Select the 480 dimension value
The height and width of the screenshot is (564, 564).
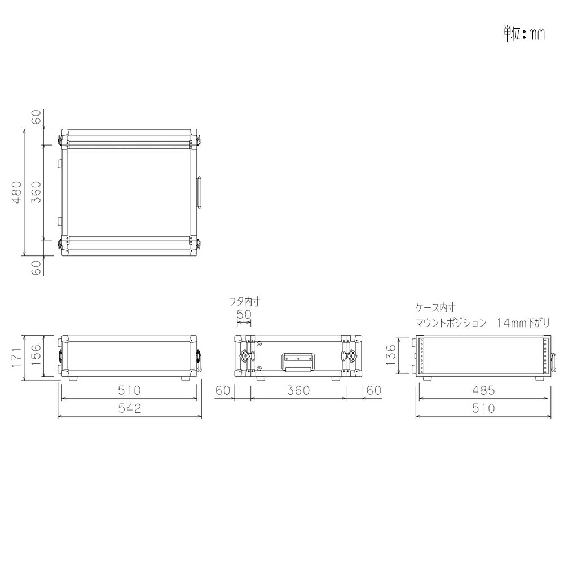pyautogui.click(x=17, y=192)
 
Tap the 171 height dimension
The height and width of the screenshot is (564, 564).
pyautogui.click(x=16, y=357)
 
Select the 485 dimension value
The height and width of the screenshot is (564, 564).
pyautogui.click(x=483, y=390)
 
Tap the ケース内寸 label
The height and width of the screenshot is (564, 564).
pyautogui.click(x=434, y=309)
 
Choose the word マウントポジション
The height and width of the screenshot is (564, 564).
pyautogui.click(x=451, y=323)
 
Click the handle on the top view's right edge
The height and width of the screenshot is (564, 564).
pyautogui.click(x=199, y=192)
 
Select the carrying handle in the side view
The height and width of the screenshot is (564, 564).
pyautogui.click(x=297, y=362)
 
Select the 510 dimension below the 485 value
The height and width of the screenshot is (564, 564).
pyautogui.click(x=483, y=408)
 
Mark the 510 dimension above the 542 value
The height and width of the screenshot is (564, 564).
pyautogui.click(x=130, y=390)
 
